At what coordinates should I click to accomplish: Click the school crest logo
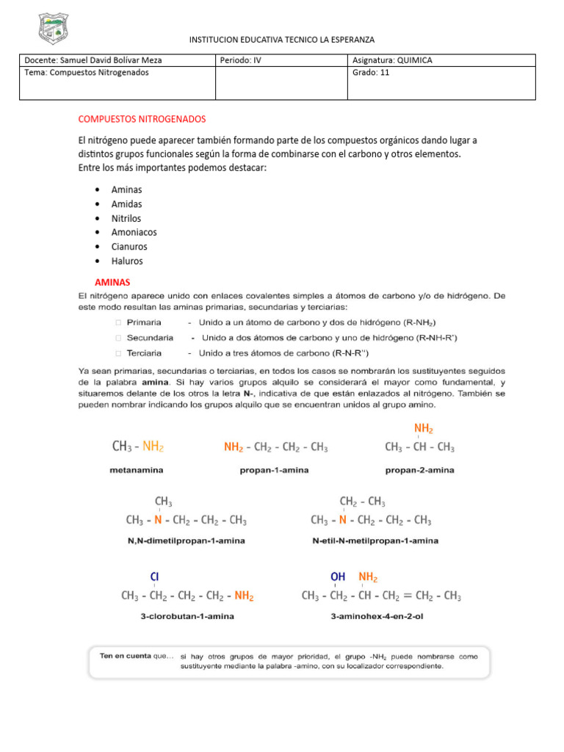[53, 29]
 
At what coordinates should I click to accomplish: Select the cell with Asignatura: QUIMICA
[392, 60]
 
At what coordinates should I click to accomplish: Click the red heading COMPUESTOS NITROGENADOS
[142, 118]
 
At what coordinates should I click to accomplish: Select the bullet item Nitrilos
[126, 218]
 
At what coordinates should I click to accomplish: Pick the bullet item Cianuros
[129, 247]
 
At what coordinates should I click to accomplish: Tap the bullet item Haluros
[126, 261]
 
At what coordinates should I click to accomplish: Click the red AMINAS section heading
[112, 282]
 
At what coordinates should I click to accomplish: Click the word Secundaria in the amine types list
[150, 338]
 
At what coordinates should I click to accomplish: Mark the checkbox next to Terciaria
[119, 353]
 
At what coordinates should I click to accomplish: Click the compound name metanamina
[137, 469]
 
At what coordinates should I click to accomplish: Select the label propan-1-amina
[275, 469]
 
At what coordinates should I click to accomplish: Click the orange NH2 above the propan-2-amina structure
[423, 428]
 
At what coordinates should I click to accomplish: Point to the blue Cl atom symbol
[155, 577]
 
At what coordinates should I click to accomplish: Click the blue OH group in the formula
[338, 577]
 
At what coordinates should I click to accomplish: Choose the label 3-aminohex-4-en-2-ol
[377, 616]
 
